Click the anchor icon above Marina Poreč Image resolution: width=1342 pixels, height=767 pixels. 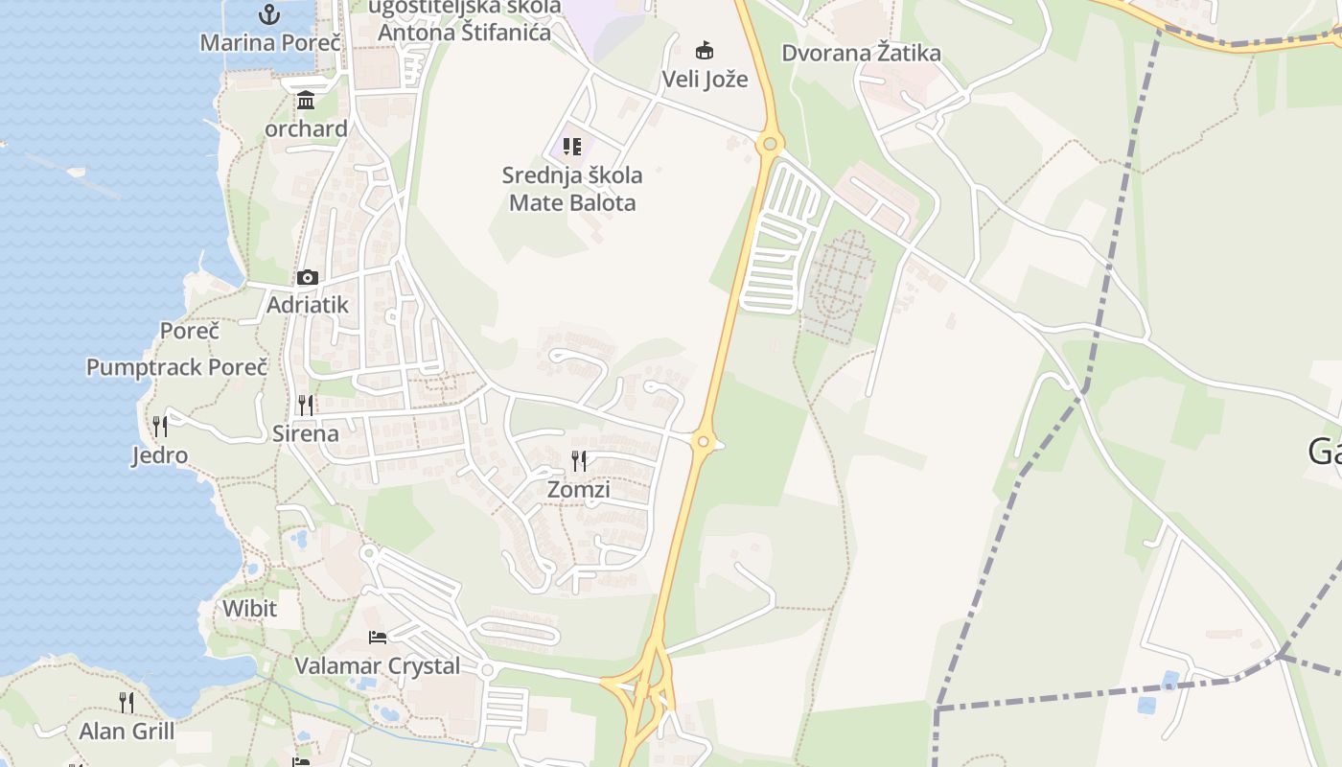tap(269, 14)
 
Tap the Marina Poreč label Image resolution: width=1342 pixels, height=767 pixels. tap(269, 43)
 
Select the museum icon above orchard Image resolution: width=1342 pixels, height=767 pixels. tap(306, 101)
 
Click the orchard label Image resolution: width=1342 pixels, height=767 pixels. tap(306, 128)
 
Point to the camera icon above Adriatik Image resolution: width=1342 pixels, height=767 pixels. tap(307, 278)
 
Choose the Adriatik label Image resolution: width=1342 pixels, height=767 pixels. tap(307, 305)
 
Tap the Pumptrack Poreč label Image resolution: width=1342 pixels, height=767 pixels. tap(176, 367)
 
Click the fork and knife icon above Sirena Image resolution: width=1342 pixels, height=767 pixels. tap(305, 406)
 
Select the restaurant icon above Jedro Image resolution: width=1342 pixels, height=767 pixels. tap(160, 427)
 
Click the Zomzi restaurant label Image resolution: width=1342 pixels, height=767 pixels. tap(578, 489)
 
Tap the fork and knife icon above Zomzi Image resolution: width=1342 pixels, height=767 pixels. tap(578, 461)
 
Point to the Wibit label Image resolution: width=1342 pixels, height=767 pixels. tap(249, 609)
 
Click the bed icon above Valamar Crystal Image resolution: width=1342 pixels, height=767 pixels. tap(378, 638)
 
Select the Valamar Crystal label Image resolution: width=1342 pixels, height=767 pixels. tap(377, 665)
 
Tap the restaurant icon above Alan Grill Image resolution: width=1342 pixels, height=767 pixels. tap(127, 703)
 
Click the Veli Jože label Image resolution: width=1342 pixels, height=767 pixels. tap(705, 79)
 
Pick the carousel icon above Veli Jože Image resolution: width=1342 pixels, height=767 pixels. tap(705, 50)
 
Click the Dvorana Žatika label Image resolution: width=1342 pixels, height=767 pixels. tap(861, 53)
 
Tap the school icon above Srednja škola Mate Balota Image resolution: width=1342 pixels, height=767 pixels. tap(572, 147)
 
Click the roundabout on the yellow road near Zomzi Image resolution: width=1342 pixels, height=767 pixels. tap(704, 442)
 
